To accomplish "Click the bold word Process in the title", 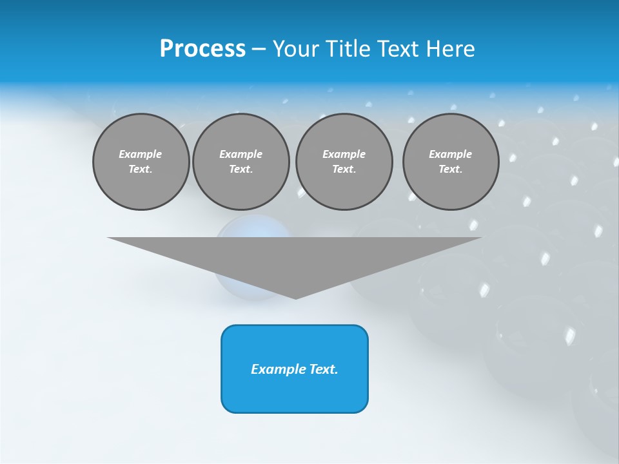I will click(202, 49).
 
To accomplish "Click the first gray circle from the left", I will click(141, 162).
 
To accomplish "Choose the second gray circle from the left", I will click(241, 162).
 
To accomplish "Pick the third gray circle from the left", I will click(344, 162).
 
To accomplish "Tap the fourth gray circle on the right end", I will click(450, 162).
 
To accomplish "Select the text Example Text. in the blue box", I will click(295, 369).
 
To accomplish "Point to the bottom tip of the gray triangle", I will click(295, 298).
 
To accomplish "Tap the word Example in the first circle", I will click(141, 155).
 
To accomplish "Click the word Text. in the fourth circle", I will click(450, 169).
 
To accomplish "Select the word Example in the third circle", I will click(344, 155).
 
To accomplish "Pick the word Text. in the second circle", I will click(241, 169).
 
